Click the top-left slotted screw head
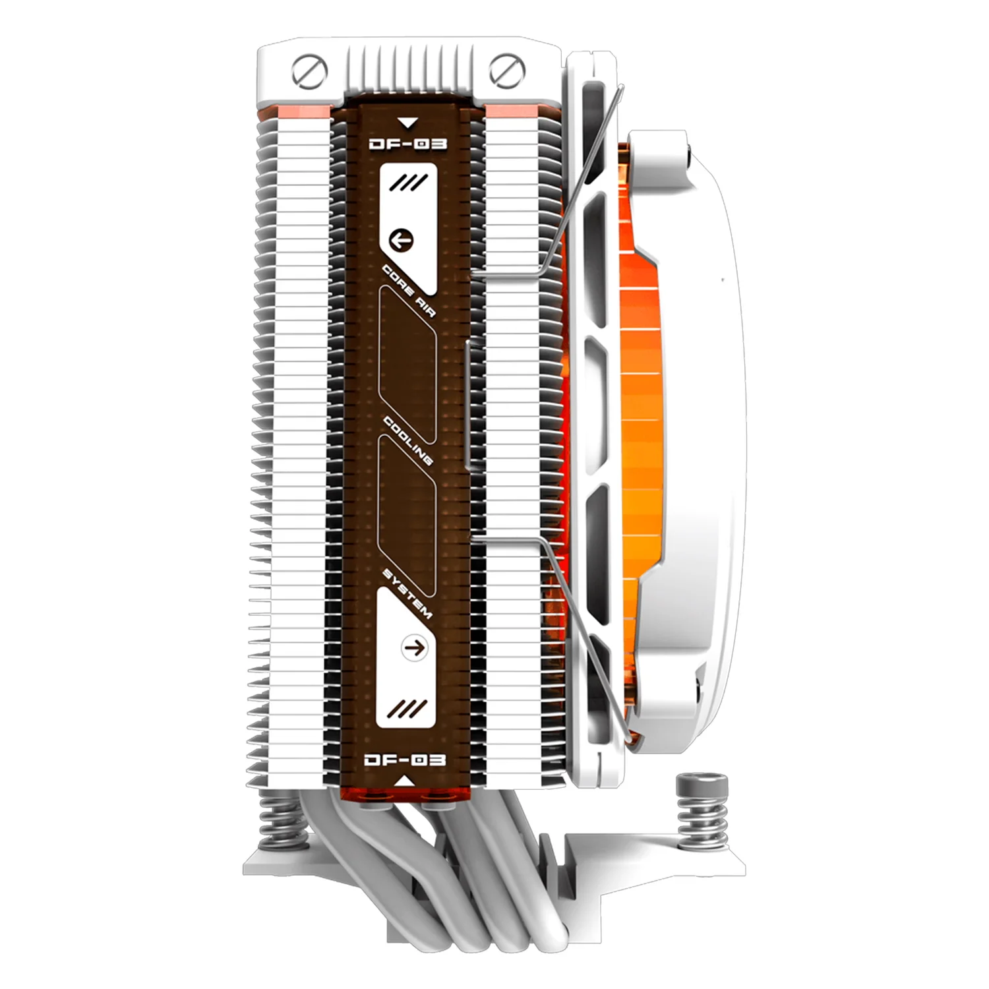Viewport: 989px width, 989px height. tap(309, 71)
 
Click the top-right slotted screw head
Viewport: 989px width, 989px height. tap(507, 71)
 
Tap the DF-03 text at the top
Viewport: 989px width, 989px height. tap(407, 143)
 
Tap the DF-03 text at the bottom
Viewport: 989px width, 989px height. tap(405, 760)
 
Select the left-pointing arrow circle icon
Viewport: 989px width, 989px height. tap(401, 239)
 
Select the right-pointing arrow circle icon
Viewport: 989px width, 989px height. tap(414, 648)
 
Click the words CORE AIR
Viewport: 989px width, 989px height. tap(409, 291)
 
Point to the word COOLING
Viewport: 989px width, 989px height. tap(407, 441)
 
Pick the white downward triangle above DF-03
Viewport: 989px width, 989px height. tap(408, 123)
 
